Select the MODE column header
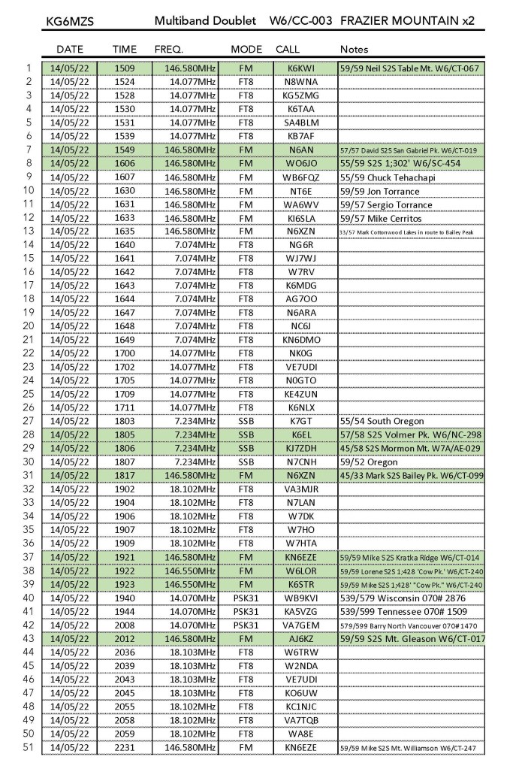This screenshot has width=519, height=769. pyautogui.click(x=246, y=49)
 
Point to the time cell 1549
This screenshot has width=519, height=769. pyautogui.click(x=125, y=150)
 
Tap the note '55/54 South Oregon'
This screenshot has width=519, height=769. pyautogui.click(x=382, y=422)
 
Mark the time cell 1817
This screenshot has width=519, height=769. pyautogui.click(x=125, y=476)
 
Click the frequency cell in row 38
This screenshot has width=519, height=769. pyautogui.click(x=186, y=571)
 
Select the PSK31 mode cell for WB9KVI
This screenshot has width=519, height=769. pyautogui.click(x=246, y=598)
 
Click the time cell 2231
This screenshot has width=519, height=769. pyautogui.click(x=125, y=748)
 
